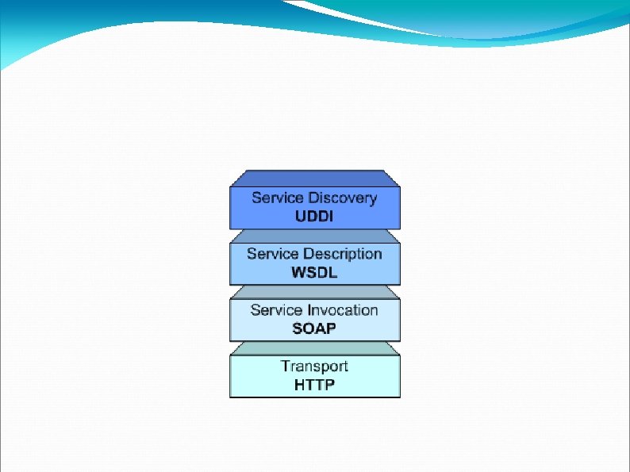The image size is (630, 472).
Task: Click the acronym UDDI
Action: pos(314,217)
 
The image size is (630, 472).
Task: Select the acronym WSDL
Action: pos(314,273)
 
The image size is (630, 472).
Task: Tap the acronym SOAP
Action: pos(314,328)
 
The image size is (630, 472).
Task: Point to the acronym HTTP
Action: pos(314,385)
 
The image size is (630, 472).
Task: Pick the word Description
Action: pos(341,254)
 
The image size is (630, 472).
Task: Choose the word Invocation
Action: pos(342,310)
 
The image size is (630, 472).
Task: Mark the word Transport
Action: pos(314,366)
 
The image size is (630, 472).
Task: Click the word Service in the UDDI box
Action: pos(274,198)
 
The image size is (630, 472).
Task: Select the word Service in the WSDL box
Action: pos(269,254)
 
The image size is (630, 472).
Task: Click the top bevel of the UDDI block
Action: pos(314,178)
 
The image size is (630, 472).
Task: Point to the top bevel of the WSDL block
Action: pos(314,236)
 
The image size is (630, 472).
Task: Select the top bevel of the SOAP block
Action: pos(314,292)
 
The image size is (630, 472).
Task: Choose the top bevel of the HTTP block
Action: pos(314,348)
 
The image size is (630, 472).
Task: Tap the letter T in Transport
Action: pos(286,366)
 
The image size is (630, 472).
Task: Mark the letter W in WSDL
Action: pos(298,273)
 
